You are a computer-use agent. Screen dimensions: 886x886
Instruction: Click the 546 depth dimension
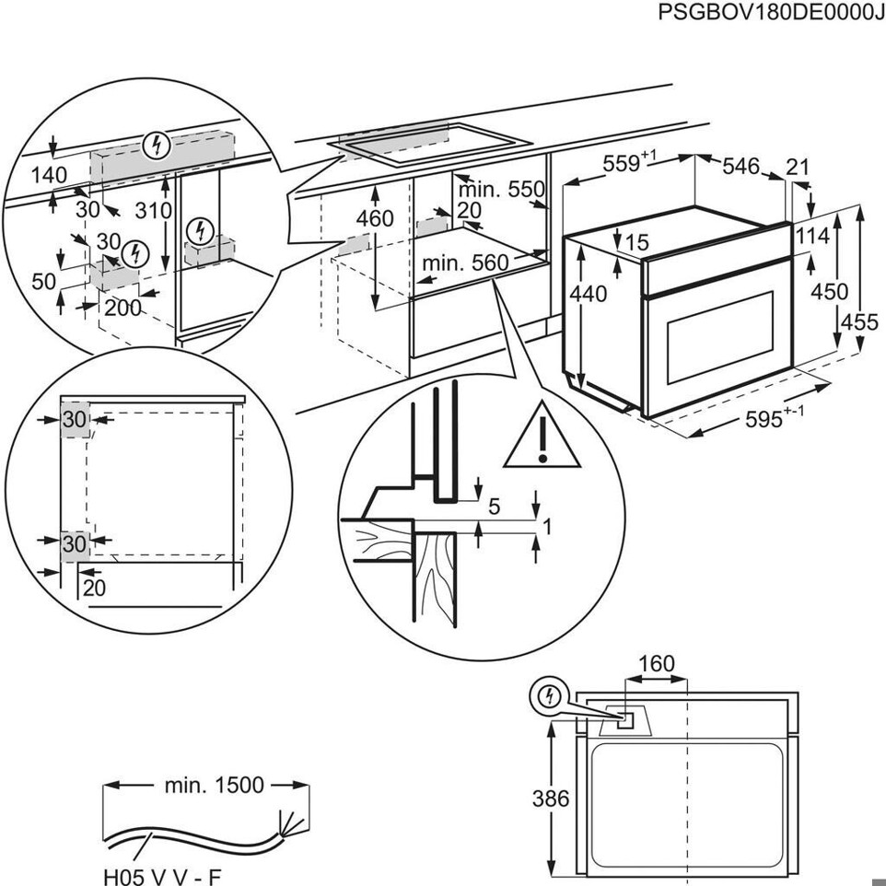tap(740, 167)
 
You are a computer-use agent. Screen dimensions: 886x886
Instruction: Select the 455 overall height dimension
tap(859, 322)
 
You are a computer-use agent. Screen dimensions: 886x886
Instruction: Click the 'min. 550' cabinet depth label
tap(502, 191)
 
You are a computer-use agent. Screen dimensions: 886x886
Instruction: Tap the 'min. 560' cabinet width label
tap(465, 263)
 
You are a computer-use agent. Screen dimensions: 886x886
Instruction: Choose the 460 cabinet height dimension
tap(375, 219)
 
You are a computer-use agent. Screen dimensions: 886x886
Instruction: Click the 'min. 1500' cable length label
tap(214, 786)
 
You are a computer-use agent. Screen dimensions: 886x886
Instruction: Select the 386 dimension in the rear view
tap(550, 798)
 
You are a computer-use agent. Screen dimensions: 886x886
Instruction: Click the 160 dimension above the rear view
tap(656, 663)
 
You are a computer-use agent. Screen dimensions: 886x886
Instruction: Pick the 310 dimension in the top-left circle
tap(153, 210)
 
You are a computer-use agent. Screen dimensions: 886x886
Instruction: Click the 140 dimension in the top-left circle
tap(49, 175)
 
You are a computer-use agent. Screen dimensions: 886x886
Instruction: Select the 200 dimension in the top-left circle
tap(122, 308)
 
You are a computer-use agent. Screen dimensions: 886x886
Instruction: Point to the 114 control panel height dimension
tap(812, 237)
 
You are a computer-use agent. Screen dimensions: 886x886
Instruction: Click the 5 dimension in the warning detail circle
tap(495, 506)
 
